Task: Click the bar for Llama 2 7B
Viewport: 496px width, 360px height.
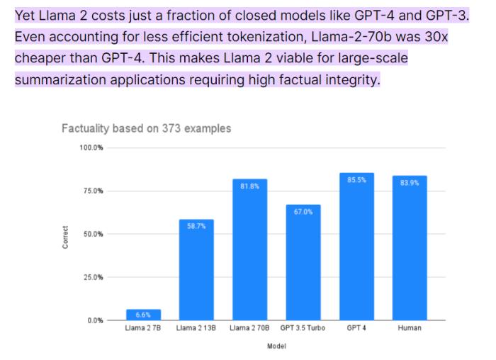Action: point(143,315)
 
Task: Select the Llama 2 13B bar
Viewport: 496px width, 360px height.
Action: point(196,270)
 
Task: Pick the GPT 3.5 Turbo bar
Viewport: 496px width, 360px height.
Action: point(303,263)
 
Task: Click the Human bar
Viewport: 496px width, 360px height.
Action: point(410,248)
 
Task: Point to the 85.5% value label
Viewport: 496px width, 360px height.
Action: point(356,180)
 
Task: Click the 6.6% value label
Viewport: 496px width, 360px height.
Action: point(143,314)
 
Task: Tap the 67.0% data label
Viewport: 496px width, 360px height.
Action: point(303,211)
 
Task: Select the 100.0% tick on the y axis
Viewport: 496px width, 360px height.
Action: point(92,147)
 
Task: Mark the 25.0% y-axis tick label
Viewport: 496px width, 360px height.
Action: point(94,277)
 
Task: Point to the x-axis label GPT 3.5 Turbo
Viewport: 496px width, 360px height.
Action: point(303,329)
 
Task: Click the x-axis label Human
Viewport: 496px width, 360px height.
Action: point(410,329)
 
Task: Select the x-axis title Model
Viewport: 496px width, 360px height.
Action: point(276,347)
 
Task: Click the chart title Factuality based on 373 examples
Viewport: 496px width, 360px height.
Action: point(146,128)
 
